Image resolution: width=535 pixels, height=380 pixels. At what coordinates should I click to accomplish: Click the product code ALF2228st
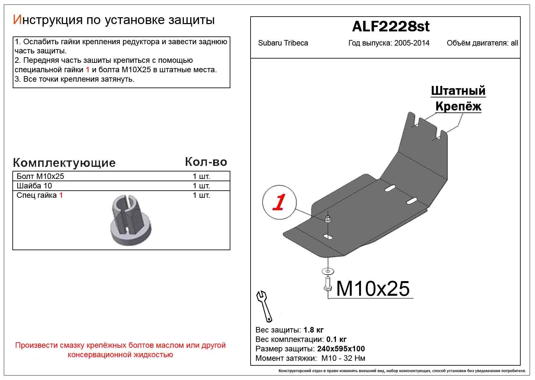coord(391,27)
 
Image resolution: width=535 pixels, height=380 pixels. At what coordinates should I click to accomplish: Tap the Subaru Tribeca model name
coord(283,43)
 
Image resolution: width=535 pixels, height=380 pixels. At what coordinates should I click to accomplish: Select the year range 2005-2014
coord(412,43)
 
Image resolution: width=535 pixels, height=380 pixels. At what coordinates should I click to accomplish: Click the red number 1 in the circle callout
coord(279,202)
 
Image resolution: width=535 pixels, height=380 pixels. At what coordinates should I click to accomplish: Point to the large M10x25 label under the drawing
coord(372,288)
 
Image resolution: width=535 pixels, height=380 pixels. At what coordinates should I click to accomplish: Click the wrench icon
coord(264,306)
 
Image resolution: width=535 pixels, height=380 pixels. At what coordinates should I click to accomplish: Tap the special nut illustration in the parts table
coord(131,220)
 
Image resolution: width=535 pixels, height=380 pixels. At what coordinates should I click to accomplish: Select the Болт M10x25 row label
coord(40,176)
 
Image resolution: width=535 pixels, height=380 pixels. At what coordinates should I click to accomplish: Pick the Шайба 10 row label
coord(34,186)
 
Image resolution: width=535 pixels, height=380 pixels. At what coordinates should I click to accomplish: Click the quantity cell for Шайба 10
coord(201,186)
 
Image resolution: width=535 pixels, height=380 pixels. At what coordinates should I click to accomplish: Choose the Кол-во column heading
coord(206,162)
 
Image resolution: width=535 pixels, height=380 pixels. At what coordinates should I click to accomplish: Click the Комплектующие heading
coord(64,163)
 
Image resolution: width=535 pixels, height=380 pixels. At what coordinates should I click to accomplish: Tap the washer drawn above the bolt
coord(327,270)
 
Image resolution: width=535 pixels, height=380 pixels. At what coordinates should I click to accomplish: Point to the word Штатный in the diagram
coord(458,91)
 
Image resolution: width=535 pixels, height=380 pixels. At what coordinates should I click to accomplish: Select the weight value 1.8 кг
coord(313,330)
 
